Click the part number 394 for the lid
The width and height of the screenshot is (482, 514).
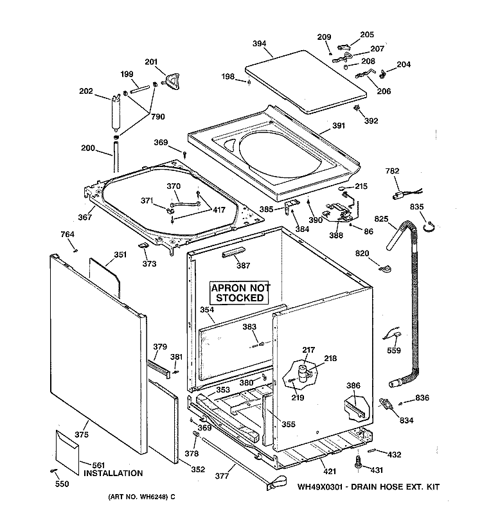point(260,44)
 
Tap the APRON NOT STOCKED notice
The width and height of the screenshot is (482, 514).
point(240,293)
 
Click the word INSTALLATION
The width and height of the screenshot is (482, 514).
point(112,474)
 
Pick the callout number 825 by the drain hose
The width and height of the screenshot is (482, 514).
point(381,220)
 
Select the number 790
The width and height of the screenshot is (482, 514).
point(157,117)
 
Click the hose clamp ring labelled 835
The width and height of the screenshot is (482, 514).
point(429,226)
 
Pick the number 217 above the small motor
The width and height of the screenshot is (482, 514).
point(309,350)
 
